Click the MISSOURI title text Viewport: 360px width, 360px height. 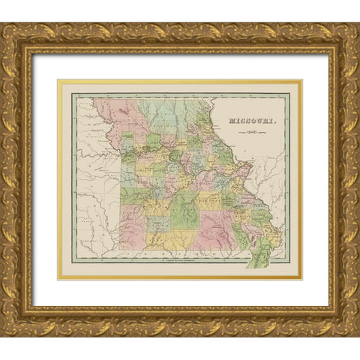click(x=253, y=120)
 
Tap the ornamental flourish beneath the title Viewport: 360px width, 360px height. click(x=253, y=133)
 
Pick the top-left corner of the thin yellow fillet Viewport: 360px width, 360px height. click(x=59, y=81)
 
